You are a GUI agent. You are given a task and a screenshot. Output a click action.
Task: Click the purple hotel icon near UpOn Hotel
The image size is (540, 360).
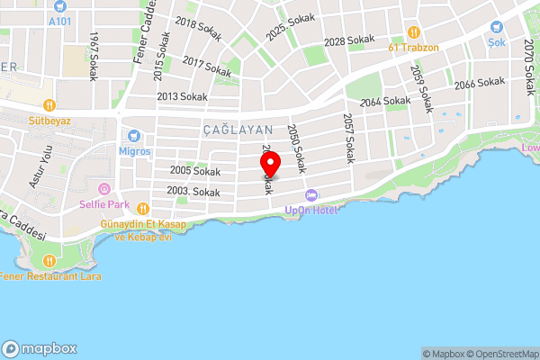tap(311, 195)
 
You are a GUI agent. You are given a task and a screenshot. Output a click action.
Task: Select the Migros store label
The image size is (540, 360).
tap(135, 152)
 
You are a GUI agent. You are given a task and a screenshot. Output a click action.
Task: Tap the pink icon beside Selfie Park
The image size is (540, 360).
tap(104, 189)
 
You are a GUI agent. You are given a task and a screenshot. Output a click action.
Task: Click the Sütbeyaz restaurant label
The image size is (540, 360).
tap(49, 120)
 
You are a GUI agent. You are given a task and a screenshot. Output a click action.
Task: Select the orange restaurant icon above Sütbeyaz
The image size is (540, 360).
tap(49, 105)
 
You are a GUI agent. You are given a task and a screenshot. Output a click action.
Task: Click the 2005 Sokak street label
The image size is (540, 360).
tap(194, 171)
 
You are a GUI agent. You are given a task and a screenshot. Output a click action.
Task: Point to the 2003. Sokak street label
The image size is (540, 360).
tap(193, 192)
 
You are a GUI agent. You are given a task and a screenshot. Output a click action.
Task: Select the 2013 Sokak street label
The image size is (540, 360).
tap(182, 96)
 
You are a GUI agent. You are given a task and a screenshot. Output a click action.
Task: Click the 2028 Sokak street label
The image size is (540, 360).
tap(348, 41)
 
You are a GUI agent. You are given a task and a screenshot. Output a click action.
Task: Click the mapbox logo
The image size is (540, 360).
tap(40, 348)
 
